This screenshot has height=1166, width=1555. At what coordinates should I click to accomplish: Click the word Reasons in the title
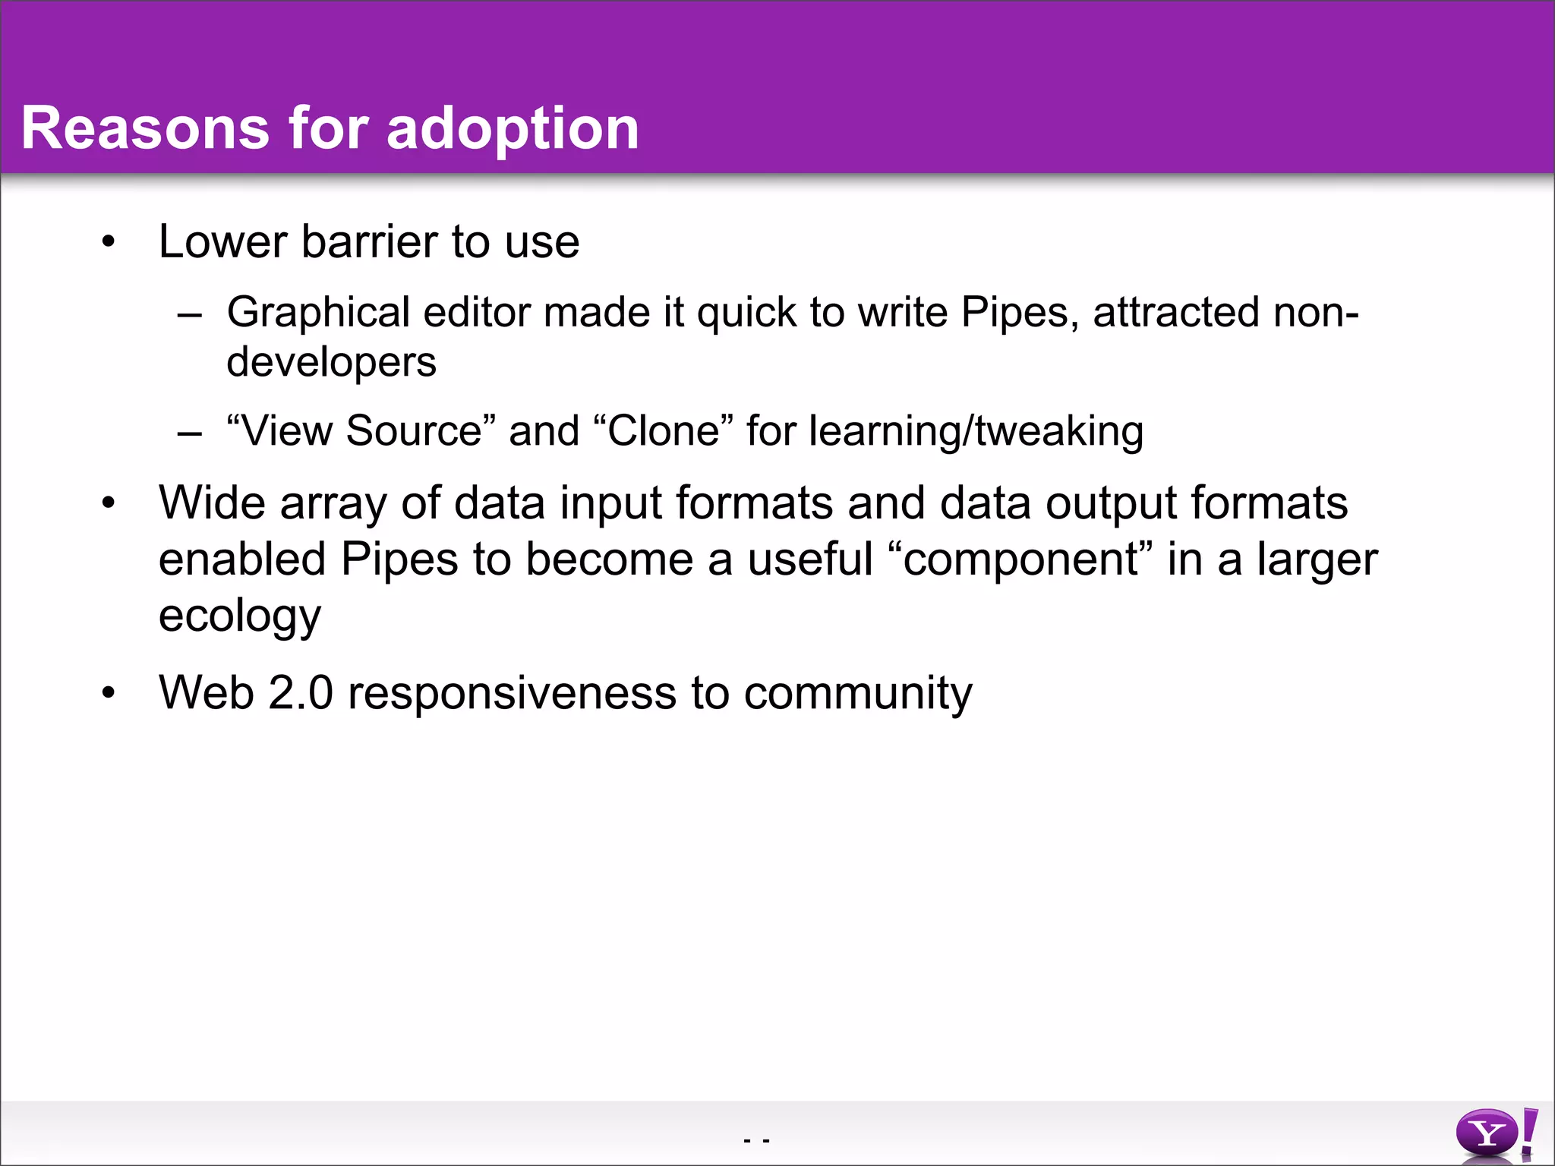click(x=145, y=128)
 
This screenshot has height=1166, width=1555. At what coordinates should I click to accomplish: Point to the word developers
click(x=331, y=362)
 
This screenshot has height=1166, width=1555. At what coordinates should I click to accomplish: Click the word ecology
click(x=239, y=617)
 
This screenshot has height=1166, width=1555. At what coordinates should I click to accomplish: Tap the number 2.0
click(x=301, y=693)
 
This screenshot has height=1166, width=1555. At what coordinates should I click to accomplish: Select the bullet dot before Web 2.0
click(x=109, y=693)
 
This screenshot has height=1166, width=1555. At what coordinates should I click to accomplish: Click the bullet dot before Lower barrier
click(x=109, y=242)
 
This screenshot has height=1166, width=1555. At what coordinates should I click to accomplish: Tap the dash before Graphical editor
click(x=189, y=314)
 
